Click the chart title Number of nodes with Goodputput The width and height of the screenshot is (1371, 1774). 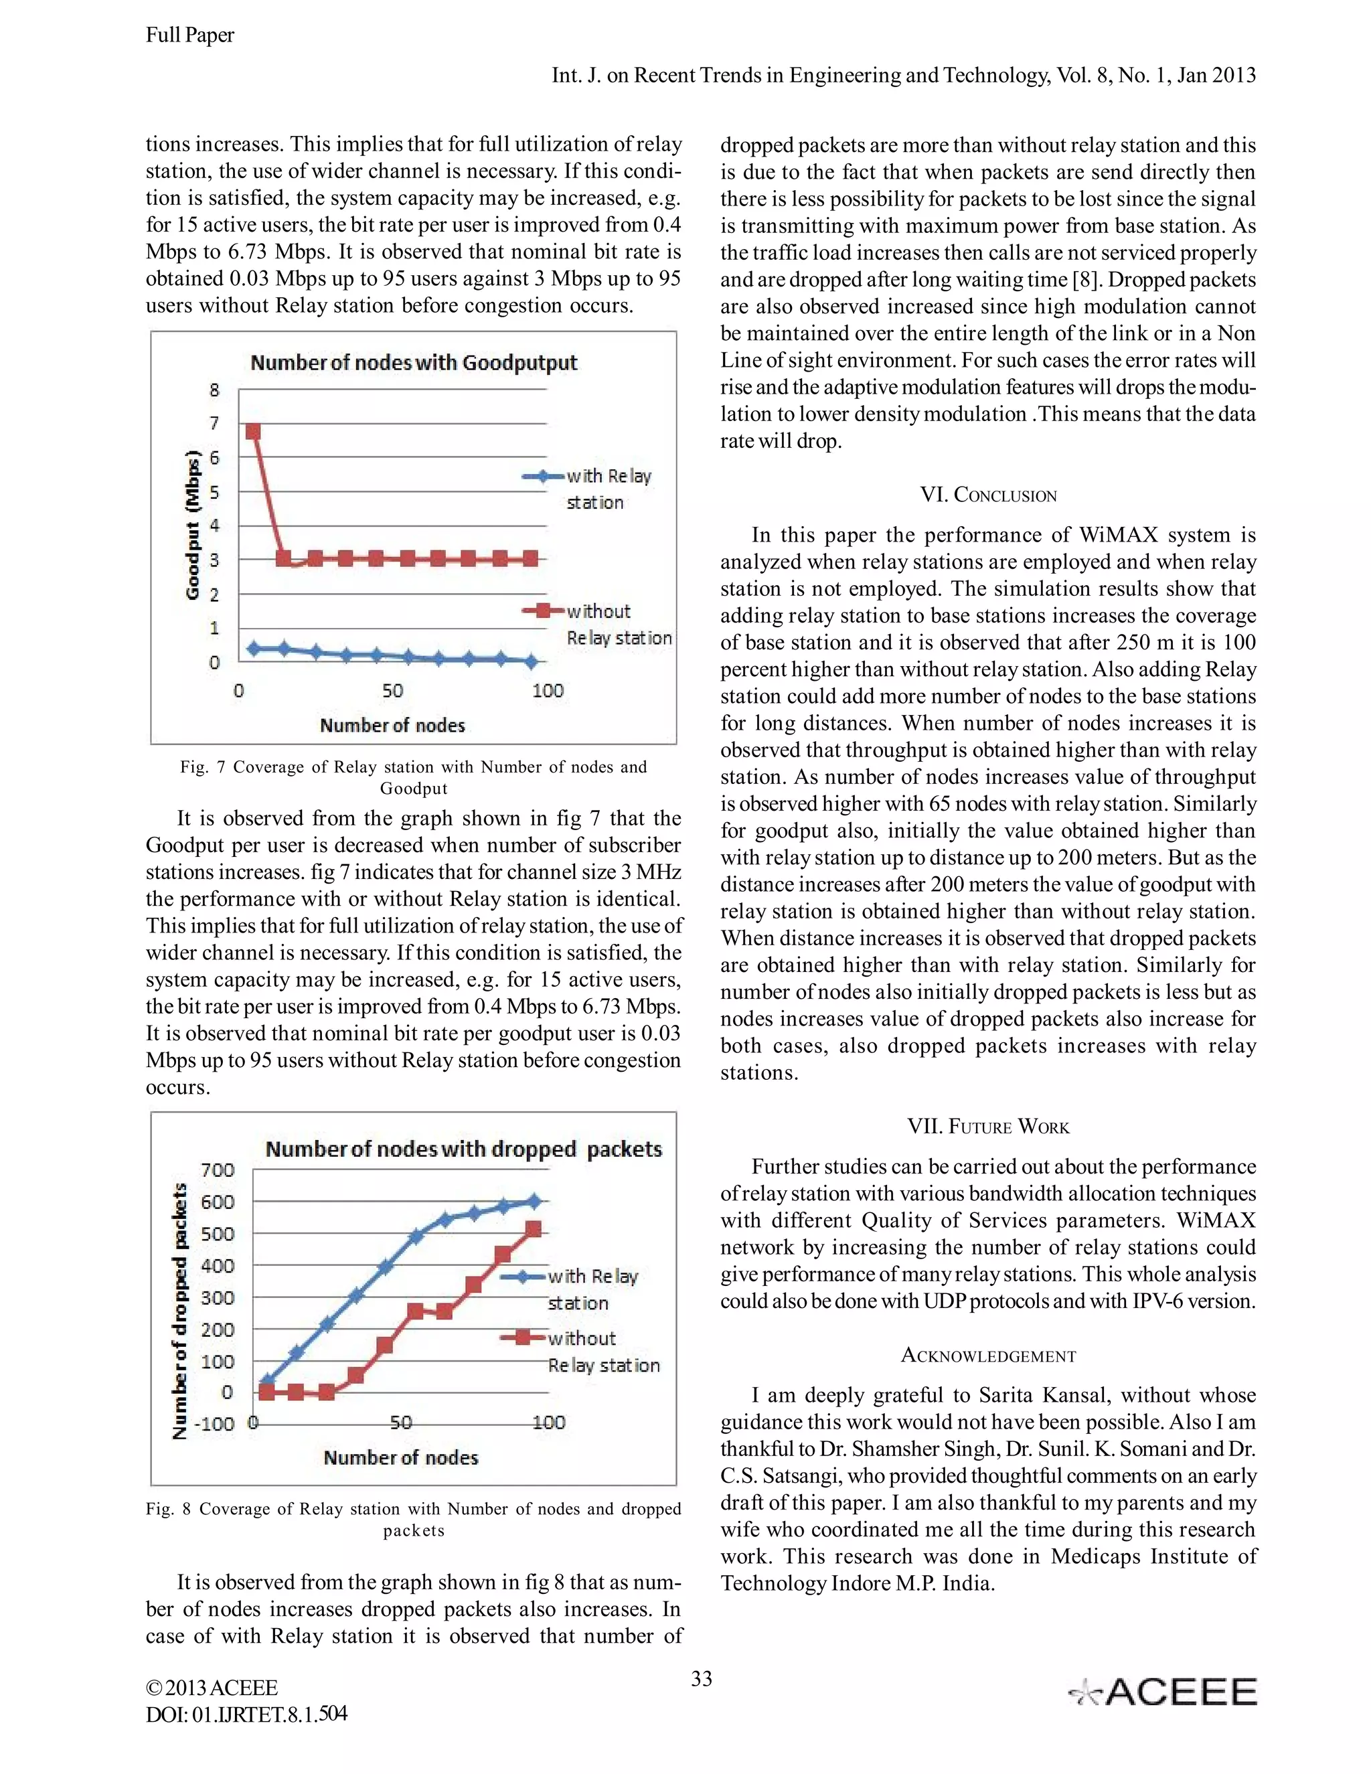coord(414,362)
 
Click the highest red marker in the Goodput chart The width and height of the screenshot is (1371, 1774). coord(254,431)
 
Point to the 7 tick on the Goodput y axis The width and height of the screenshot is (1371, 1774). coord(214,423)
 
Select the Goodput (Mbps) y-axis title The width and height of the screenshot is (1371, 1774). coord(193,525)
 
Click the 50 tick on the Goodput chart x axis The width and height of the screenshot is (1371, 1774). coord(392,692)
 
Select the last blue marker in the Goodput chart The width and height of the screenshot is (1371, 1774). coord(530,662)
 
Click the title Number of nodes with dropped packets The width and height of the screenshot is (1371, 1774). coord(463,1149)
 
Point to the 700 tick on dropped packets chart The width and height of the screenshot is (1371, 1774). coord(217,1170)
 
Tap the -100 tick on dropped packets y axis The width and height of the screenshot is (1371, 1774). coord(214,1424)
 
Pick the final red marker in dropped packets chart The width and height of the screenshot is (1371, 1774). coord(534,1230)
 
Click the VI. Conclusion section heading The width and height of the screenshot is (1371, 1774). coord(987,495)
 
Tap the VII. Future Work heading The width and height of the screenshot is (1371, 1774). coord(987,1127)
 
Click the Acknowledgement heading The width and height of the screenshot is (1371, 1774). coord(987,1356)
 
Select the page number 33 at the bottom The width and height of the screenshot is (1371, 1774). coord(701,1679)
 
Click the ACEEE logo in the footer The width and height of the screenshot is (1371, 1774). coord(1162,1693)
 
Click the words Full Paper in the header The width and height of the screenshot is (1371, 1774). coord(190,35)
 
